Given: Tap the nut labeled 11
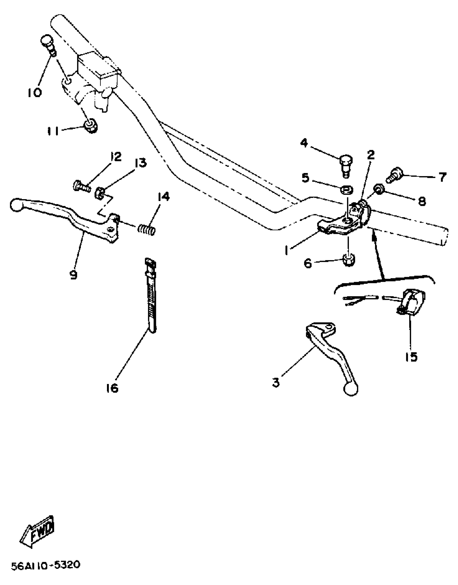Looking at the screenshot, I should (91, 126).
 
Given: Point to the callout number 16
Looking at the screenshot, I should (112, 388).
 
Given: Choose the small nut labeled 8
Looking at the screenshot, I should (379, 189).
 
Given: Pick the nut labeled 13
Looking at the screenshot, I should (99, 193).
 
